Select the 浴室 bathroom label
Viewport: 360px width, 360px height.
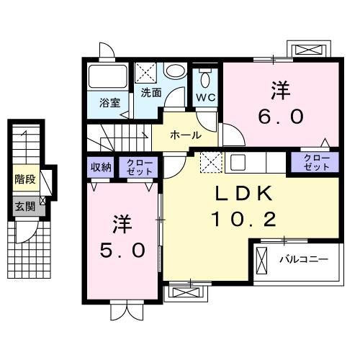pyautogui.click(x=109, y=102)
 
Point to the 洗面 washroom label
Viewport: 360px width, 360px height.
pyautogui.click(x=150, y=92)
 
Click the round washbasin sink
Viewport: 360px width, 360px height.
pyautogui.click(x=174, y=73)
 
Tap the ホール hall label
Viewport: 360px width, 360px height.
pyautogui.click(x=185, y=135)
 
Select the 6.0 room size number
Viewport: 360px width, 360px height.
pyautogui.click(x=281, y=116)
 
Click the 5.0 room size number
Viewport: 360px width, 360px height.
pyautogui.click(x=123, y=249)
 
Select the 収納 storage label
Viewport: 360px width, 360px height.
pyautogui.click(x=101, y=167)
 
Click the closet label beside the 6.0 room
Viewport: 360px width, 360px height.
pyautogui.click(x=315, y=162)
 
